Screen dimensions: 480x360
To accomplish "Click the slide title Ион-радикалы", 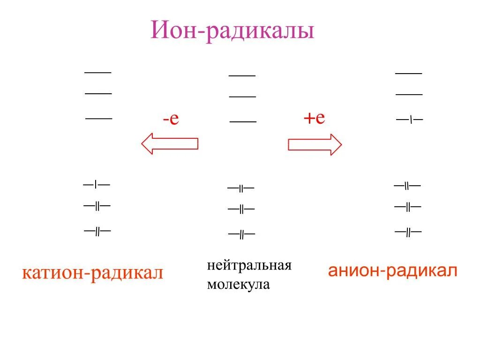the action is coord(232,30).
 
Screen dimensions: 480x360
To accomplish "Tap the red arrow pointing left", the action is coord(170,143).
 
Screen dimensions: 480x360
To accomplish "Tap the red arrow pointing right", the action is coord(315,144).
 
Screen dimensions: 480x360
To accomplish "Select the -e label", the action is coord(171,119).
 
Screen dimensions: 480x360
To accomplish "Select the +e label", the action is coord(314,118).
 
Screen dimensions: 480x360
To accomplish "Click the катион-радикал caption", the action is coord(93,272).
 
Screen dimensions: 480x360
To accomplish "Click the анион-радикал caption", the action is coord(393,270).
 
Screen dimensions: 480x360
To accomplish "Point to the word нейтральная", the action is coord(249,265).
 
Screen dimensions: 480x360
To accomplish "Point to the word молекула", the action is coord(239,284).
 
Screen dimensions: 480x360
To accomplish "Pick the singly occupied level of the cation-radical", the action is coord(97,185).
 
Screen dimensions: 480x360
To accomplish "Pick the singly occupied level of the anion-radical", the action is coord(410,120).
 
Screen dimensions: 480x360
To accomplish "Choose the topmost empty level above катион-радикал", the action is coord(97,72).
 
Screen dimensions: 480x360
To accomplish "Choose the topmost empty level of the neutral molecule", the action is coord(242,75).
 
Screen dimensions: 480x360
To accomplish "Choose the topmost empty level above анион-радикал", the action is coord(409,73).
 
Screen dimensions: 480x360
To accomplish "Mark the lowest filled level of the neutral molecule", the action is coord(241,234).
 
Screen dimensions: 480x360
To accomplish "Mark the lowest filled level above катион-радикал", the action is coord(97,231).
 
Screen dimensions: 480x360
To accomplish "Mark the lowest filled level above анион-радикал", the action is coord(408,232).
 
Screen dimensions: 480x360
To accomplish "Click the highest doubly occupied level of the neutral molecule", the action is coord(241,188).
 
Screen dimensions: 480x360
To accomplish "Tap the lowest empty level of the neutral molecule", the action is coord(243,122).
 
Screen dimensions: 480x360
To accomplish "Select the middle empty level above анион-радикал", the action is coord(409,94).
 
